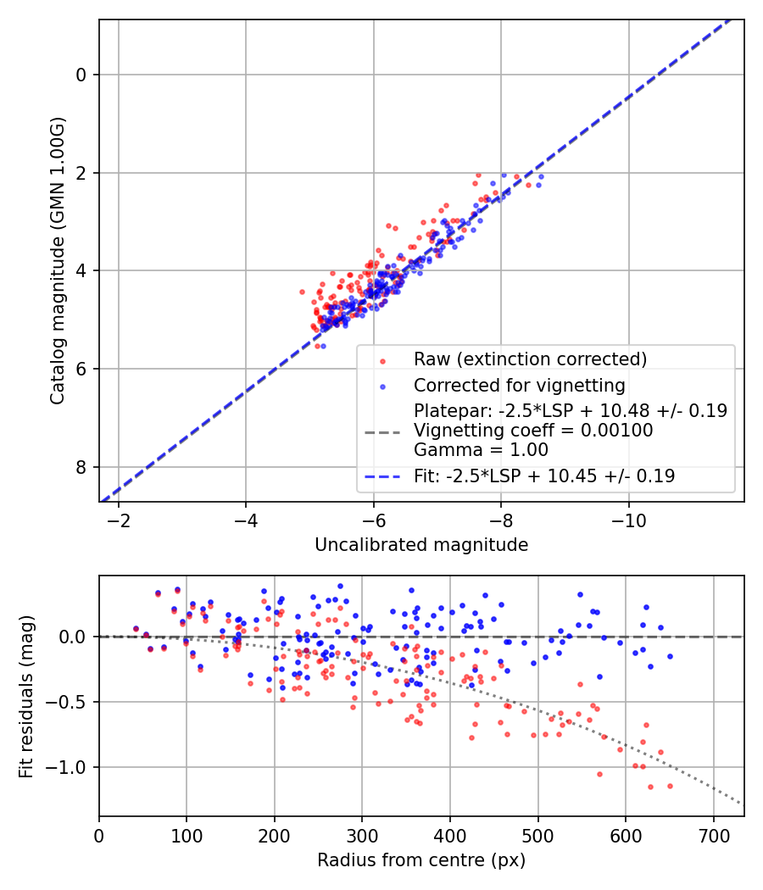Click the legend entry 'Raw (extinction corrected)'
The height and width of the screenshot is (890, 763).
click(x=530, y=359)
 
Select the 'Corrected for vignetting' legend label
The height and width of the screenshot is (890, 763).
click(x=519, y=386)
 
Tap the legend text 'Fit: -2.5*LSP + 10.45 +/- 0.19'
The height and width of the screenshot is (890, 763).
click(x=544, y=476)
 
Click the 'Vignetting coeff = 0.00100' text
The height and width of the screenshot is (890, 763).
click(x=533, y=431)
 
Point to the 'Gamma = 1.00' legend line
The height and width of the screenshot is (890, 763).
click(x=481, y=450)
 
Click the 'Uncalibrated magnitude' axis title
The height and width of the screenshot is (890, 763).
click(x=421, y=545)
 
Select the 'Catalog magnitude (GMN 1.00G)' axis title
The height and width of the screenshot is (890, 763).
click(x=57, y=260)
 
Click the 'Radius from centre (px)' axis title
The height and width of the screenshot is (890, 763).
click(x=421, y=860)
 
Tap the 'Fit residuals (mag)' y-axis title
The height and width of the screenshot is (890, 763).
click(x=25, y=696)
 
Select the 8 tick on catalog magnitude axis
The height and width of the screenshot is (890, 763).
click(x=81, y=467)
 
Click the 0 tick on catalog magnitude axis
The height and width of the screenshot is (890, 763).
click(x=81, y=75)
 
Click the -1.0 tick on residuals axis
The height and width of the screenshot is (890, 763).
click(x=70, y=767)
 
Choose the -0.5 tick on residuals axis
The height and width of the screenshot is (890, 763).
click(x=70, y=702)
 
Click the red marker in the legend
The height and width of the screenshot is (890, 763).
click(x=381, y=359)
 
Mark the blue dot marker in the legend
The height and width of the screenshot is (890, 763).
click(x=381, y=387)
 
